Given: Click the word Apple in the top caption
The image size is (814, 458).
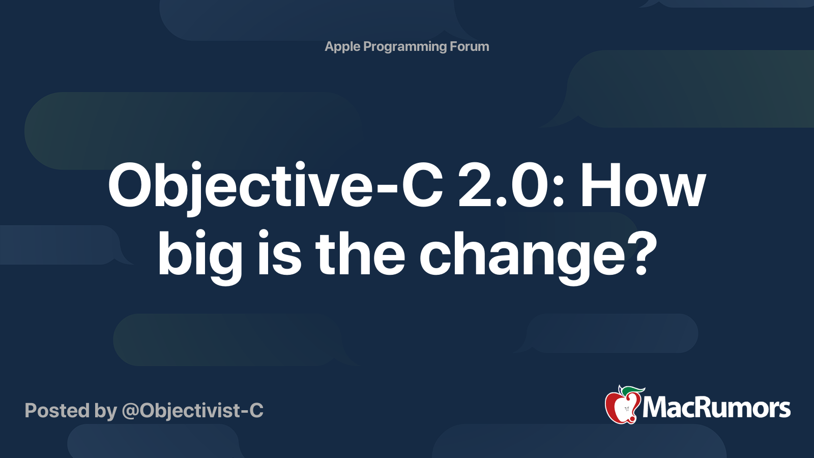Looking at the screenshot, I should [x=342, y=47].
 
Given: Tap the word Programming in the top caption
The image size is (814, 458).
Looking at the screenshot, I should [x=405, y=47].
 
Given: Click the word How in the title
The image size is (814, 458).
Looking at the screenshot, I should [x=643, y=186].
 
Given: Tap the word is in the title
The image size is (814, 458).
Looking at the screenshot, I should [x=279, y=253].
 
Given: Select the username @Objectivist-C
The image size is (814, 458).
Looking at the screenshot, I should [x=192, y=411].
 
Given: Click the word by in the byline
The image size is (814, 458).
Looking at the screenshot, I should [x=105, y=411].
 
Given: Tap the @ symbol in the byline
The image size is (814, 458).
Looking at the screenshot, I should [x=130, y=411].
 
